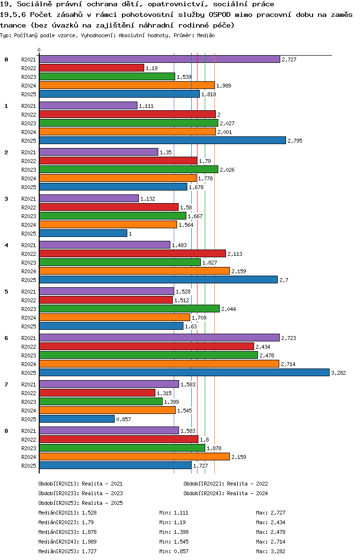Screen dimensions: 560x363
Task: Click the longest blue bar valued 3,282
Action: coord(184,372)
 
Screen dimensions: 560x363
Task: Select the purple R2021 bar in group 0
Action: coord(159,59)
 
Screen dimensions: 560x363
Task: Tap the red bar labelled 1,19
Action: coord(91,68)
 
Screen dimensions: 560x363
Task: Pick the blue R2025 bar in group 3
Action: coord(83,233)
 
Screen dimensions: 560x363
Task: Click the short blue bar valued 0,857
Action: coord(76,419)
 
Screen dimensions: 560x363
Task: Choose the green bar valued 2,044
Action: coord(129,309)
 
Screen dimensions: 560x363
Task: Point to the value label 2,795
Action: coord(295,141)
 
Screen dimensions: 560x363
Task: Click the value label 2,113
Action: coord(235,254)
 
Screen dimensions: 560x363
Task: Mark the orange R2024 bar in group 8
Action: coord(134,457)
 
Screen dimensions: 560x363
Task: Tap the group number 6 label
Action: coord(6,338)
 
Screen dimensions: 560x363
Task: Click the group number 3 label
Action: coord(6,198)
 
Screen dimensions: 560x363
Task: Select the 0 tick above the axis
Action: coord(39,50)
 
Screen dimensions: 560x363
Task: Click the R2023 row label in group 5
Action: coord(29,309)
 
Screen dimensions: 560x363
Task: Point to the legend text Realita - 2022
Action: coord(247,484)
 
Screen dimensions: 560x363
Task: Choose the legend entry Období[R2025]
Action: coord(59,503)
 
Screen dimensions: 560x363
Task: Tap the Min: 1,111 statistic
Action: coord(174,513)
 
